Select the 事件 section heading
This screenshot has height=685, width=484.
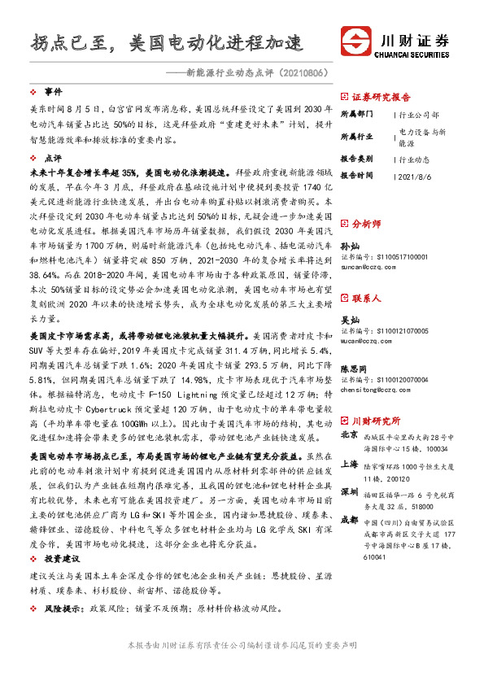click(x=53, y=92)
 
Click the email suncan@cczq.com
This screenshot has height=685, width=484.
click(x=368, y=266)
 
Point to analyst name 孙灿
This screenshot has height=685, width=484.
click(x=348, y=245)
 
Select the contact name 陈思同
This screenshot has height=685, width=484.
click(x=352, y=368)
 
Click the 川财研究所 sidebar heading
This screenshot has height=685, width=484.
click(x=376, y=421)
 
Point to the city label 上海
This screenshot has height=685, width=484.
click(x=349, y=465)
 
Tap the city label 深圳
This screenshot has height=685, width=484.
click(x=349, y=492)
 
